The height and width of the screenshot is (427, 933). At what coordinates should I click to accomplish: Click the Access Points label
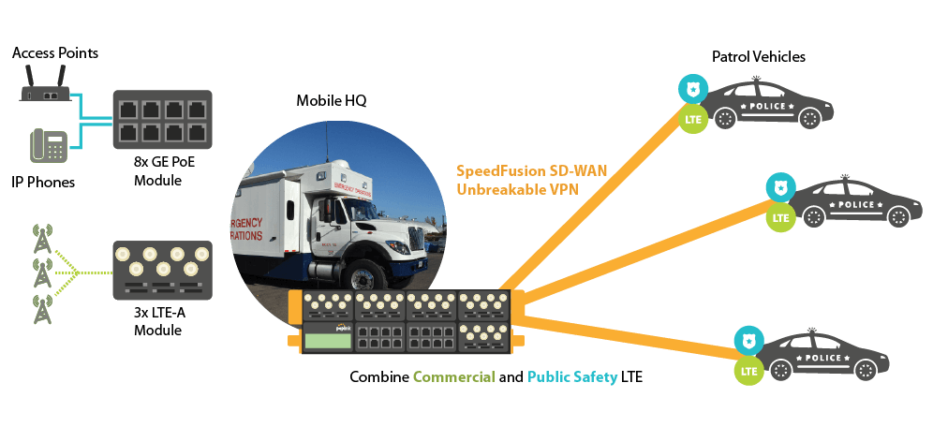[55, 52]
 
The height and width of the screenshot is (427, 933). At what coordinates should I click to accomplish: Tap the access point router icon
[45, 91]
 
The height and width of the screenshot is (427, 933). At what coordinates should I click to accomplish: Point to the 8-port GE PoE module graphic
[163, 118]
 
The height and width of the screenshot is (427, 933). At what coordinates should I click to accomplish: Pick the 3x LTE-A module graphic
[162, 267]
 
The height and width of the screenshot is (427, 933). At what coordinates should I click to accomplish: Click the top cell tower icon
[41, 240]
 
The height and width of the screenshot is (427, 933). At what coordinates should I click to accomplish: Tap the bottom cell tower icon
[41, 310]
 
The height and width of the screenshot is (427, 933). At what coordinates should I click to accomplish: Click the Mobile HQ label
[326, 100]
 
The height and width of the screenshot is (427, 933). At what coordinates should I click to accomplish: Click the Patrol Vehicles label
[759, 57]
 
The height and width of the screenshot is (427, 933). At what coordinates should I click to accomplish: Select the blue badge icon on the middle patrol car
[778, 187]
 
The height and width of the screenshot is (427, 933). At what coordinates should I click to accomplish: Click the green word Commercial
[453, 378]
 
